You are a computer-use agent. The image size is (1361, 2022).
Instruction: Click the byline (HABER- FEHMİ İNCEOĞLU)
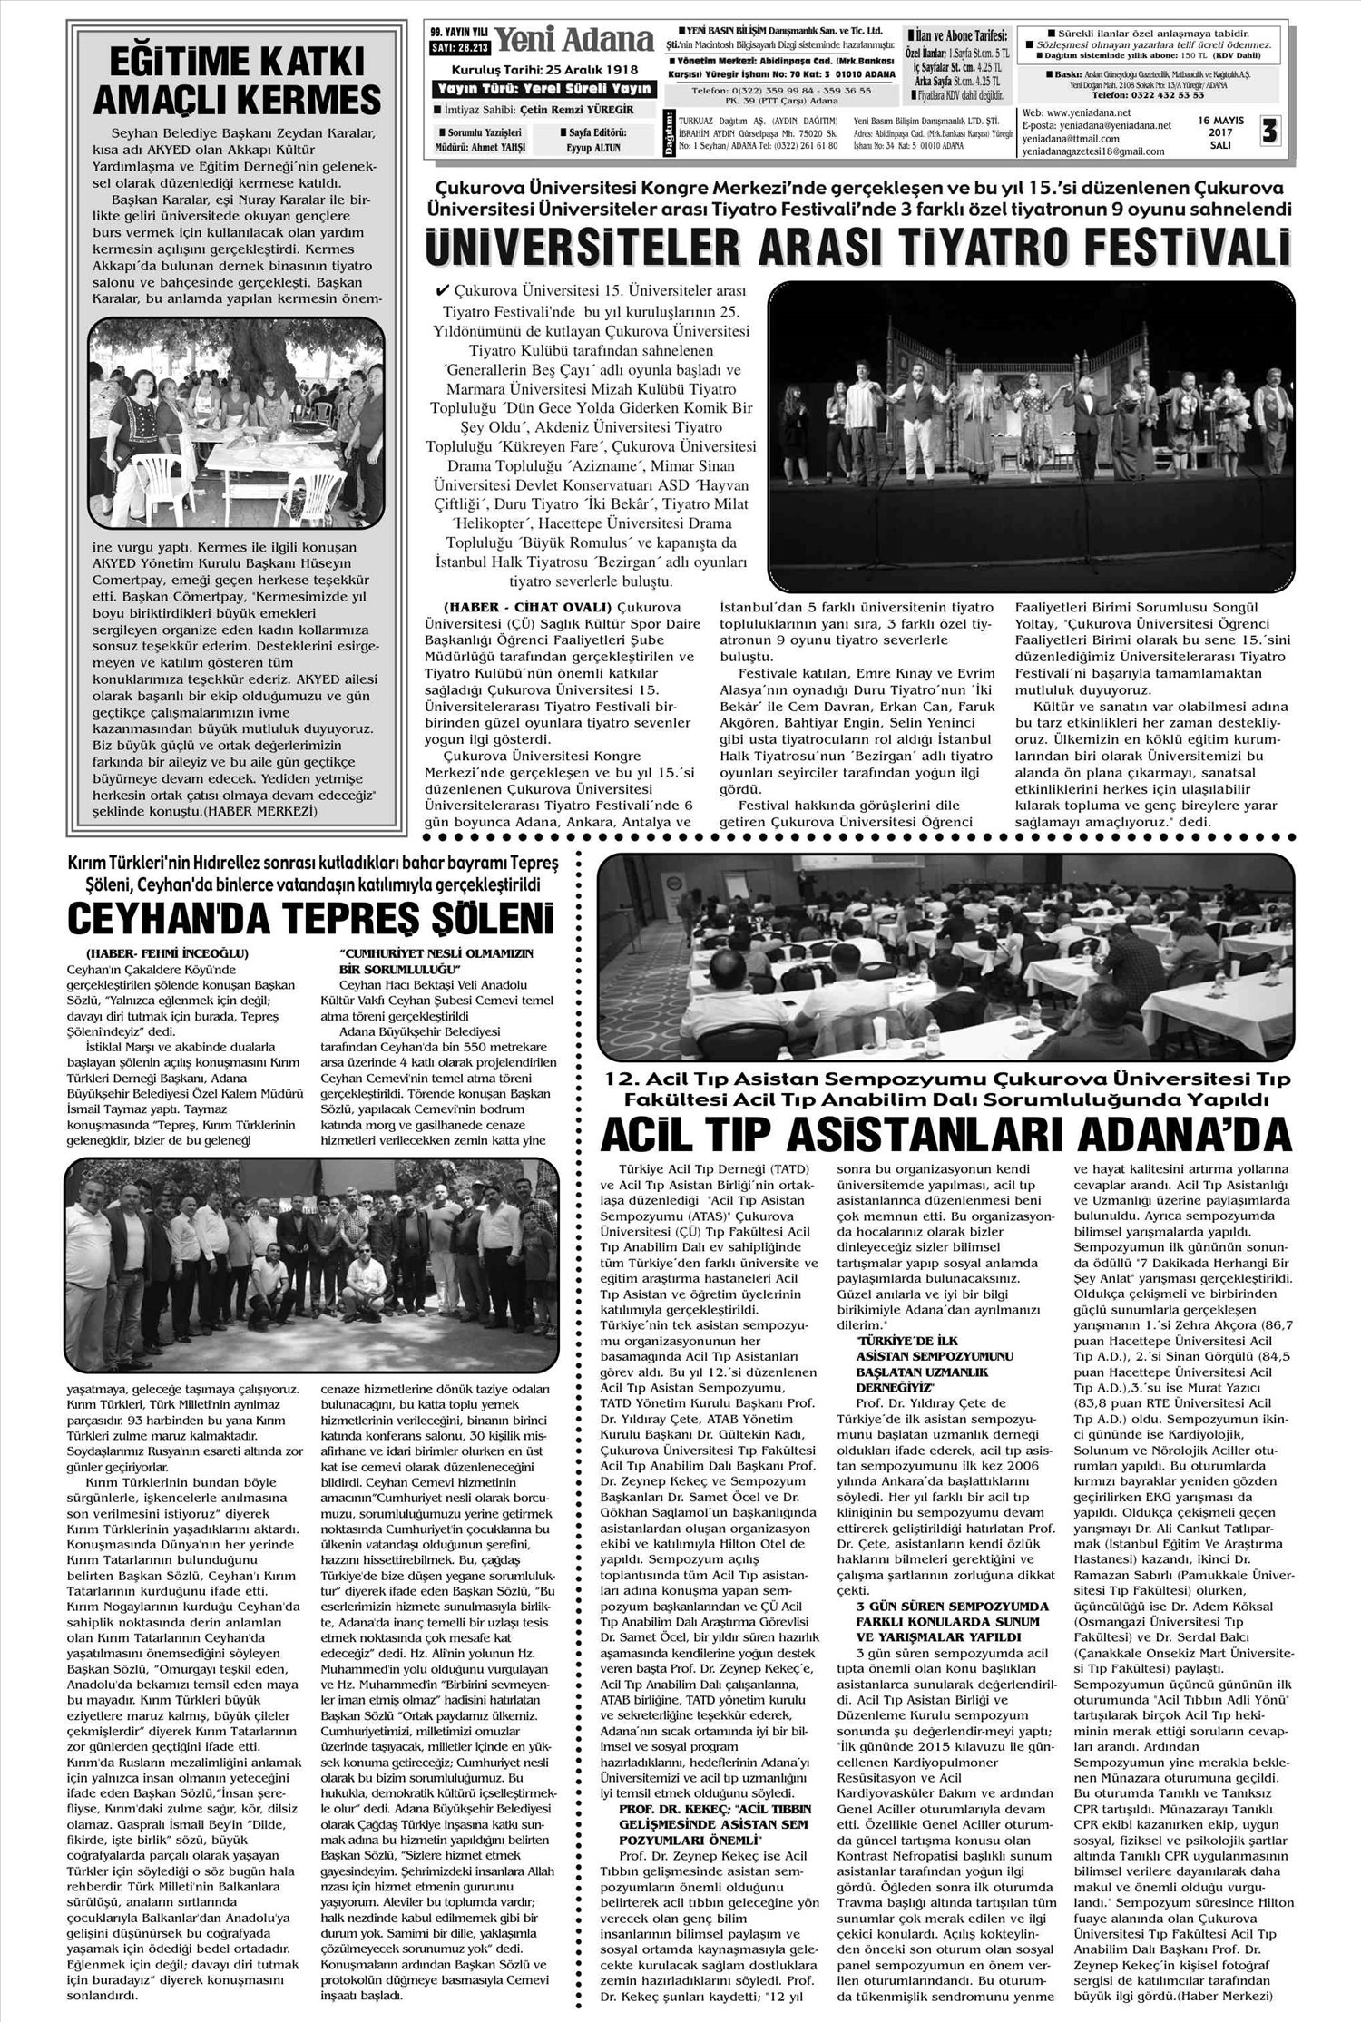[x=167, y=953]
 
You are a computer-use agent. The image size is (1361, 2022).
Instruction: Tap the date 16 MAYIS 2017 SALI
[x=1220, y=132]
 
